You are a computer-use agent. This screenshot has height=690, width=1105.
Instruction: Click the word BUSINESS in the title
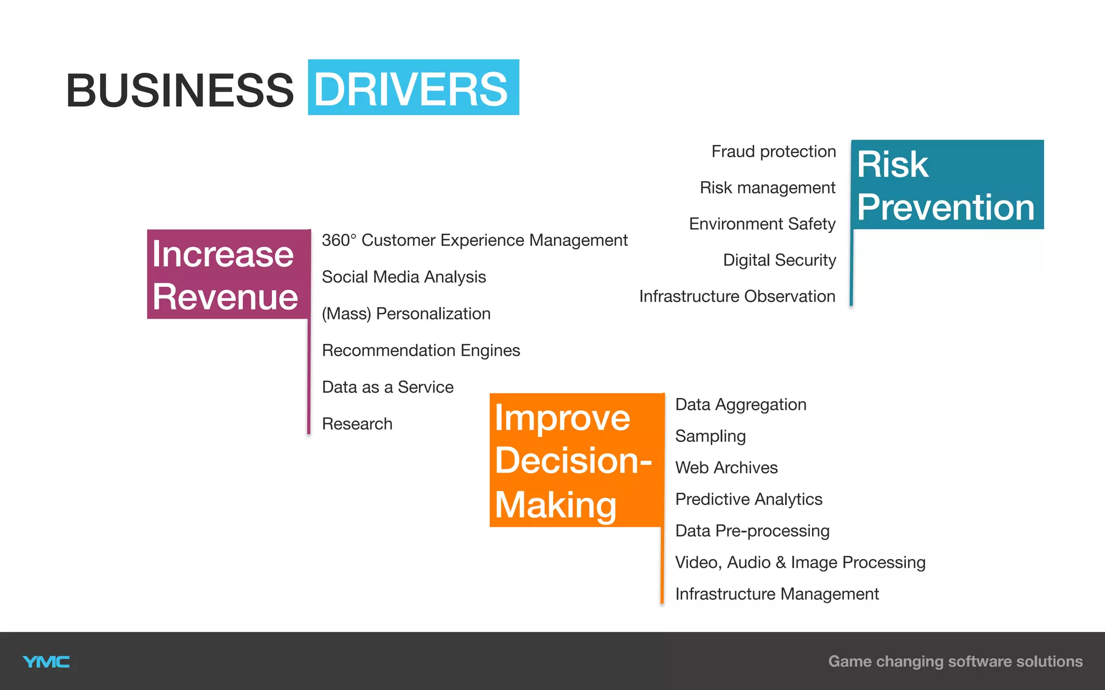[180, 90]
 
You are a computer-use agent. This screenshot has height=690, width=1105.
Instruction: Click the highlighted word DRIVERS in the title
[413, 88]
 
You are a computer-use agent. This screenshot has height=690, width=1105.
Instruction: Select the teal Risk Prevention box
[947, 185]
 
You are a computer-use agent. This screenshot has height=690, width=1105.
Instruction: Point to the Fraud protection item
[773, 151]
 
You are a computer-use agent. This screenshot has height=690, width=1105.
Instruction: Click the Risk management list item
[767, 188]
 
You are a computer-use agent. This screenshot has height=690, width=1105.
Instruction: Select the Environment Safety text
[762, 224]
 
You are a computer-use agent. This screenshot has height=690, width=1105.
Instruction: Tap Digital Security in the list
[779, 260]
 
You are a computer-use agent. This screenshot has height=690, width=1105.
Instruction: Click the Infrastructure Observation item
[737, 296]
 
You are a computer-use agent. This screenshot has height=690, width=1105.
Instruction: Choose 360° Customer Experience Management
[474, 240]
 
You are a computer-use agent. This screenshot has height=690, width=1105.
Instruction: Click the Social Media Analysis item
[404, 277]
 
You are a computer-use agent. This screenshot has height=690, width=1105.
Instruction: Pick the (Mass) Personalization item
[406, 313]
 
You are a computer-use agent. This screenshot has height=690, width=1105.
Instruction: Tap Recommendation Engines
[421, 350]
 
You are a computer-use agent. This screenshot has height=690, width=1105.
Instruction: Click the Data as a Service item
[387, 387]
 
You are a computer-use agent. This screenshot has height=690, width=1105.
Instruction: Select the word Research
[357, 424]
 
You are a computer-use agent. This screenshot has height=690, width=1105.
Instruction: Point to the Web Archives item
[726, 467]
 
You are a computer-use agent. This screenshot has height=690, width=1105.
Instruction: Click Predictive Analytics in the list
[748, 499]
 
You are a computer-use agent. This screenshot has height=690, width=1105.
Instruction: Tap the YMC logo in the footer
[46, 661]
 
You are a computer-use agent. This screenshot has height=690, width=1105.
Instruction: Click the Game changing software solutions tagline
[955, 661]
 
